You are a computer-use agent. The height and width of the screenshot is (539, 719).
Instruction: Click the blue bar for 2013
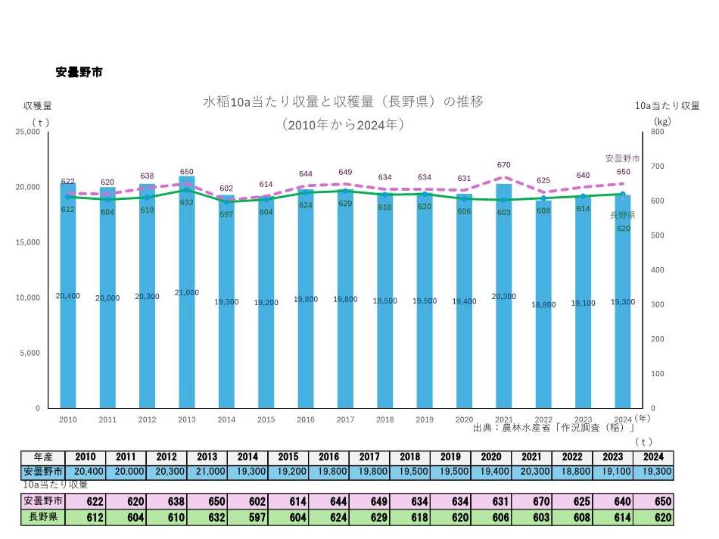[x=187, y=341]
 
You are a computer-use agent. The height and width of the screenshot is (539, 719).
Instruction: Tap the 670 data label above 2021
[x=504, y=165]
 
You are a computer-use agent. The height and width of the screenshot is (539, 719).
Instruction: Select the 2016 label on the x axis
[x=306, y=419]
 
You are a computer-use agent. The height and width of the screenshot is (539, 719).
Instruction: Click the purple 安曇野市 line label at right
[x=622, y=159]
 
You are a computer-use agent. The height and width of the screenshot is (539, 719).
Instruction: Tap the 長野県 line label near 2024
[x=623, y=216]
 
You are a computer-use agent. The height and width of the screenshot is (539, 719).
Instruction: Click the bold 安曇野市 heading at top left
[x=79, y=73]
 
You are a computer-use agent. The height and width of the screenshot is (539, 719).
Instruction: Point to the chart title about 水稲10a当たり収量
[x=343, y=101]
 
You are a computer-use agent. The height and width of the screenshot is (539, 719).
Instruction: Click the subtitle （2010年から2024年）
[x=343, y=123]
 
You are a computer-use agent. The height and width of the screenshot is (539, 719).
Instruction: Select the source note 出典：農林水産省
[x=553, y=428]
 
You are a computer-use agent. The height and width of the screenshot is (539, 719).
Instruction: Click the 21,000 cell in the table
[x=207, y=470]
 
